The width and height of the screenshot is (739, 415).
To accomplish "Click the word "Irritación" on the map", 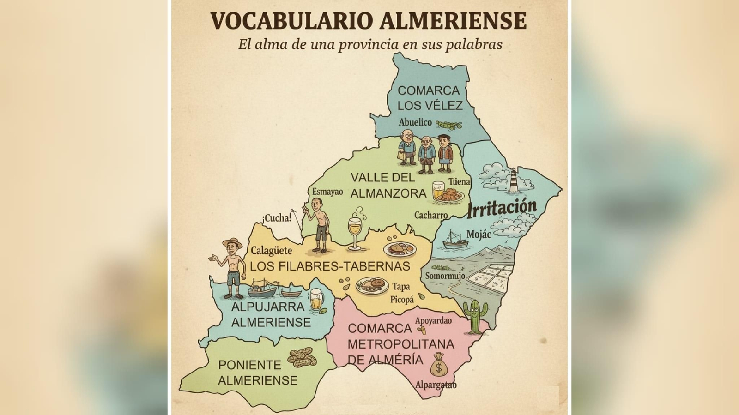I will click(x=502, y=208).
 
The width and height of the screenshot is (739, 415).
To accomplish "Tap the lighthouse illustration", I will click(x=514, y=180).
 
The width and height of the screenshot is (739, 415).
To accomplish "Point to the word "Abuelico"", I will click(x=415, y=122).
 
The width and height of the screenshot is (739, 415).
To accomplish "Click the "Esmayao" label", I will click(x=327, y=192).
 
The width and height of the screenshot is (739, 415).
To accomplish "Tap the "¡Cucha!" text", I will click(x=277, y=218).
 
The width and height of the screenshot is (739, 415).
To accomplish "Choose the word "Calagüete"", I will click(x=271, y=251).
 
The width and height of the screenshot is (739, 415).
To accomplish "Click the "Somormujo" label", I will click(x=445, y=276).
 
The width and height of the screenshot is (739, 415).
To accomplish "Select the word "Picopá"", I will click(x=402, y=300).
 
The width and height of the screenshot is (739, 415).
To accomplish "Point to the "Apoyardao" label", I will click(x=433, y=320).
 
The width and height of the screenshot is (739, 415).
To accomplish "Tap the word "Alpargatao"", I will click(x=436, y=385).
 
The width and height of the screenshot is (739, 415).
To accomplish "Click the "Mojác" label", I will click(x=479, y=235).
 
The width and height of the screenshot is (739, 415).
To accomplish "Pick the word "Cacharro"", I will click(x=430, y=215).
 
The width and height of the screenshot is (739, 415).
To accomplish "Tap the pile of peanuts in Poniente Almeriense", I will click(x=302, y=357).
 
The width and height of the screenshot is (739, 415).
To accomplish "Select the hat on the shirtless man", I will click(x=232, y=242).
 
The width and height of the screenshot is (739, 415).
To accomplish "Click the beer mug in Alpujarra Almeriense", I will click(x=316, y=300).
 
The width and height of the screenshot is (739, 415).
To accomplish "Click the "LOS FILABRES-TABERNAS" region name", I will click(x=330, y=266).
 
